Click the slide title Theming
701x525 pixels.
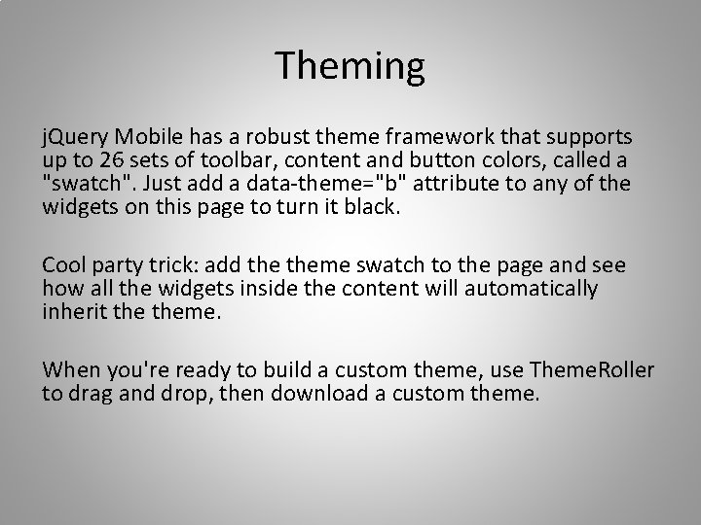[350, 66]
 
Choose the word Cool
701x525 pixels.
[65, 265]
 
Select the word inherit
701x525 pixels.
[73, 312]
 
